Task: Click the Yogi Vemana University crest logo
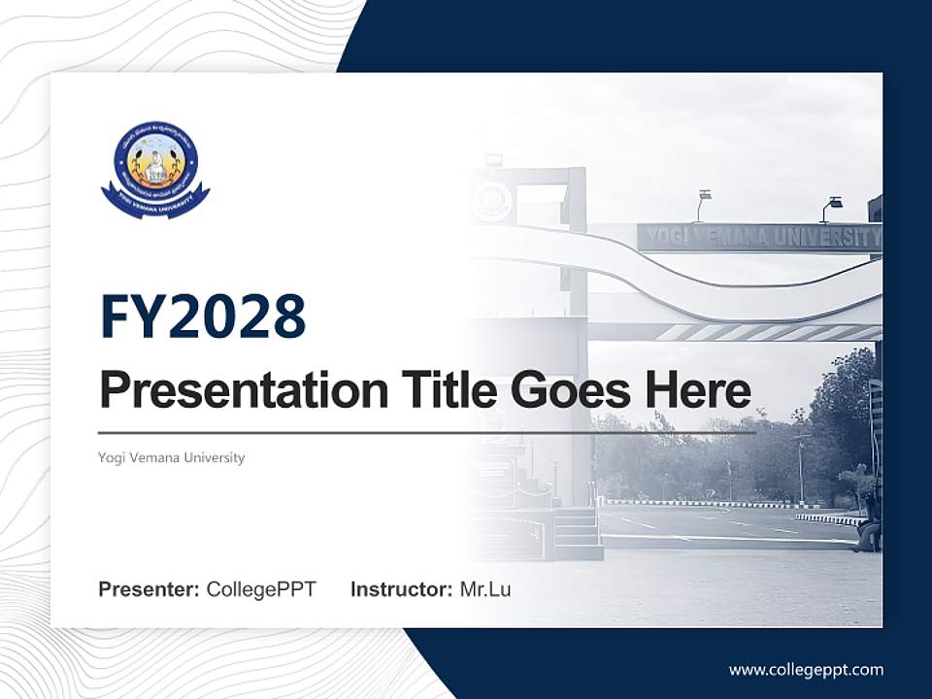click(155, 168)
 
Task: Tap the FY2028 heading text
click(203, 316)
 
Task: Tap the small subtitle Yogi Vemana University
click(172, 457)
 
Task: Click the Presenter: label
click(150, 589)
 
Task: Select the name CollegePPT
click(261, 589)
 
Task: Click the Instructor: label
click(401, 589)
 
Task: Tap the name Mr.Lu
click(485, 589)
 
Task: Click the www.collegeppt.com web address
click(806, 669)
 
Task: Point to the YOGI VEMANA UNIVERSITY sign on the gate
click(759, 237)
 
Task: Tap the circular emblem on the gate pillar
click(492, 201)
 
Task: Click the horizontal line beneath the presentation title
click(427, 433)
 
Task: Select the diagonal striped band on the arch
click(757, 332)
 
